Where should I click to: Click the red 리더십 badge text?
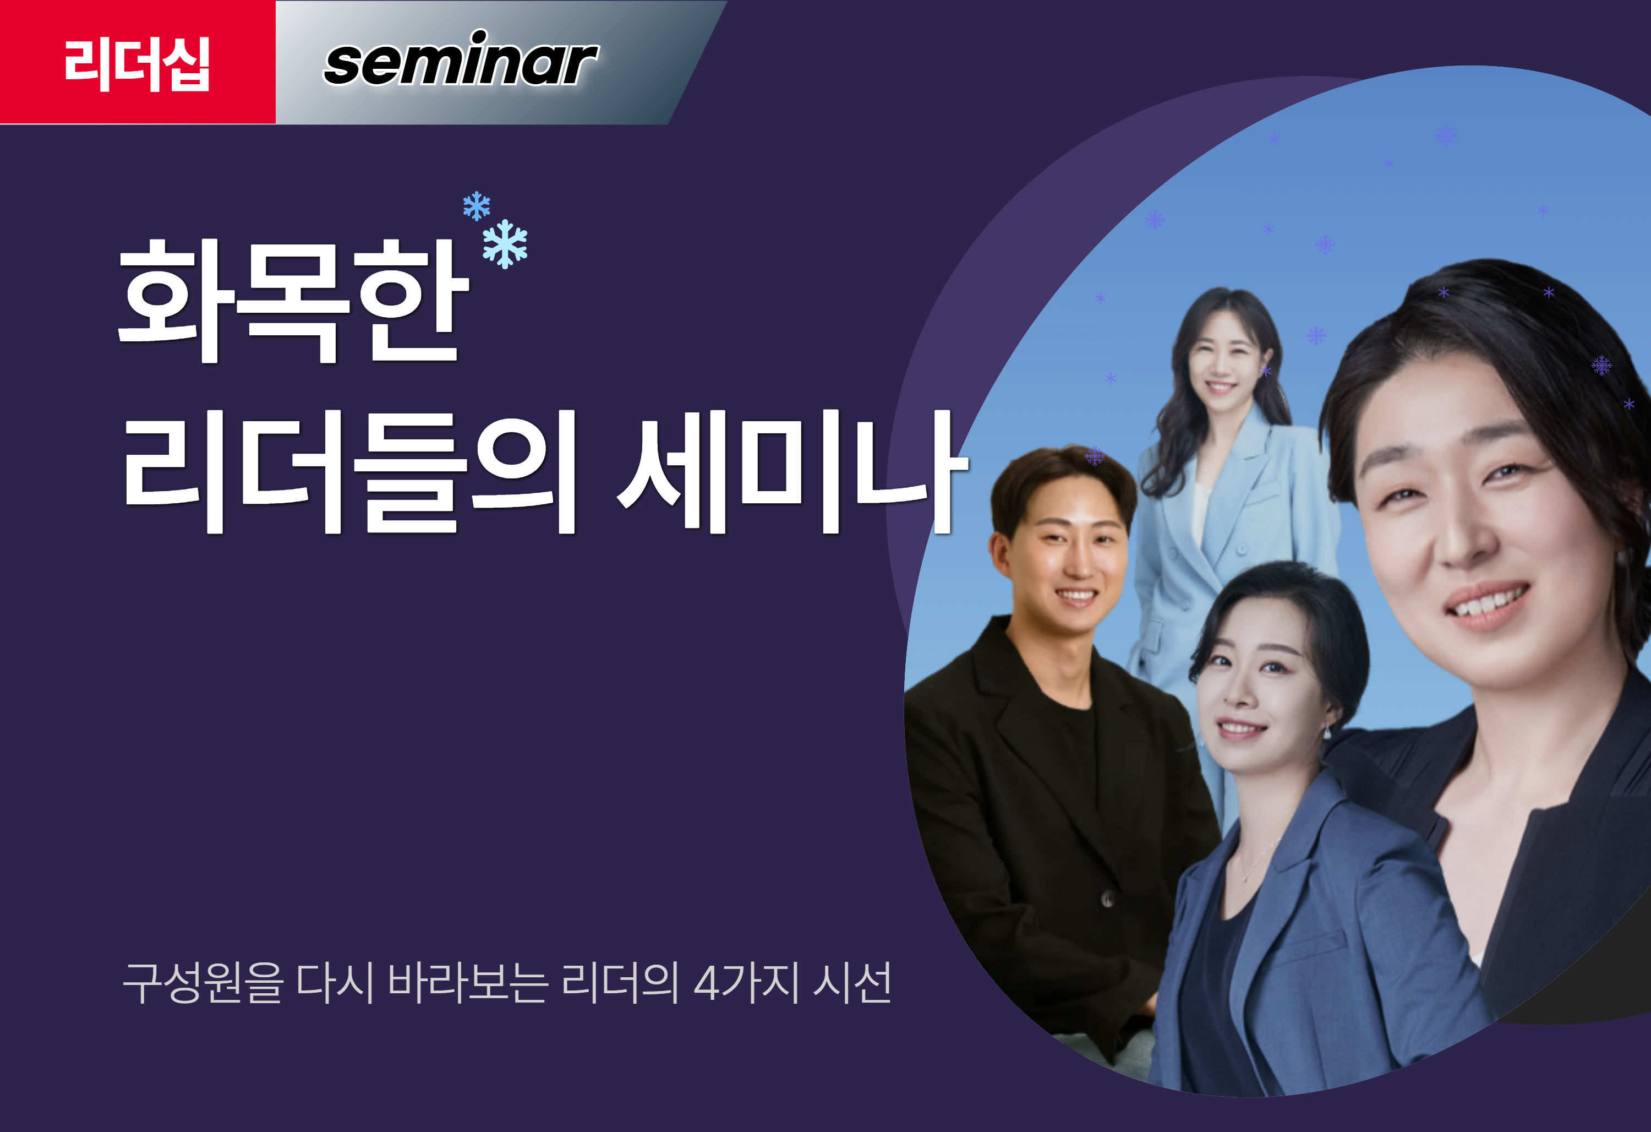137,64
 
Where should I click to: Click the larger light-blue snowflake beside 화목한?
505,244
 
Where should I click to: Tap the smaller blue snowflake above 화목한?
476,206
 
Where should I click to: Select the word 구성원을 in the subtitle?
203,982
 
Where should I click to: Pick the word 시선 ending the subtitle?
852,982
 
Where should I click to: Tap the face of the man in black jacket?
1069,558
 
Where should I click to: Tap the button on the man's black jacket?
1107,899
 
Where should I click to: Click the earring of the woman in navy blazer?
1326,732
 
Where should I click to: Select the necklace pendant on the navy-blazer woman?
1245,879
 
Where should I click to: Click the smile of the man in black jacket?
1076,596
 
